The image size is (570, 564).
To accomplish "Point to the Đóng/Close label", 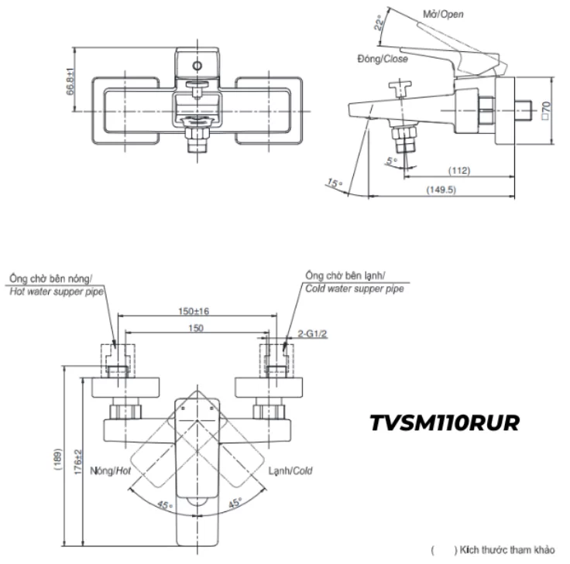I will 383,59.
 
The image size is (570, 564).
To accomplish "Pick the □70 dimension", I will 546,110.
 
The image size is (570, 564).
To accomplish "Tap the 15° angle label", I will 334,184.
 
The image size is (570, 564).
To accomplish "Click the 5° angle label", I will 391,161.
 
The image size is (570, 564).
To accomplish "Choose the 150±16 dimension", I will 196,311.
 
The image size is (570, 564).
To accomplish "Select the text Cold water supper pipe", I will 354,289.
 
